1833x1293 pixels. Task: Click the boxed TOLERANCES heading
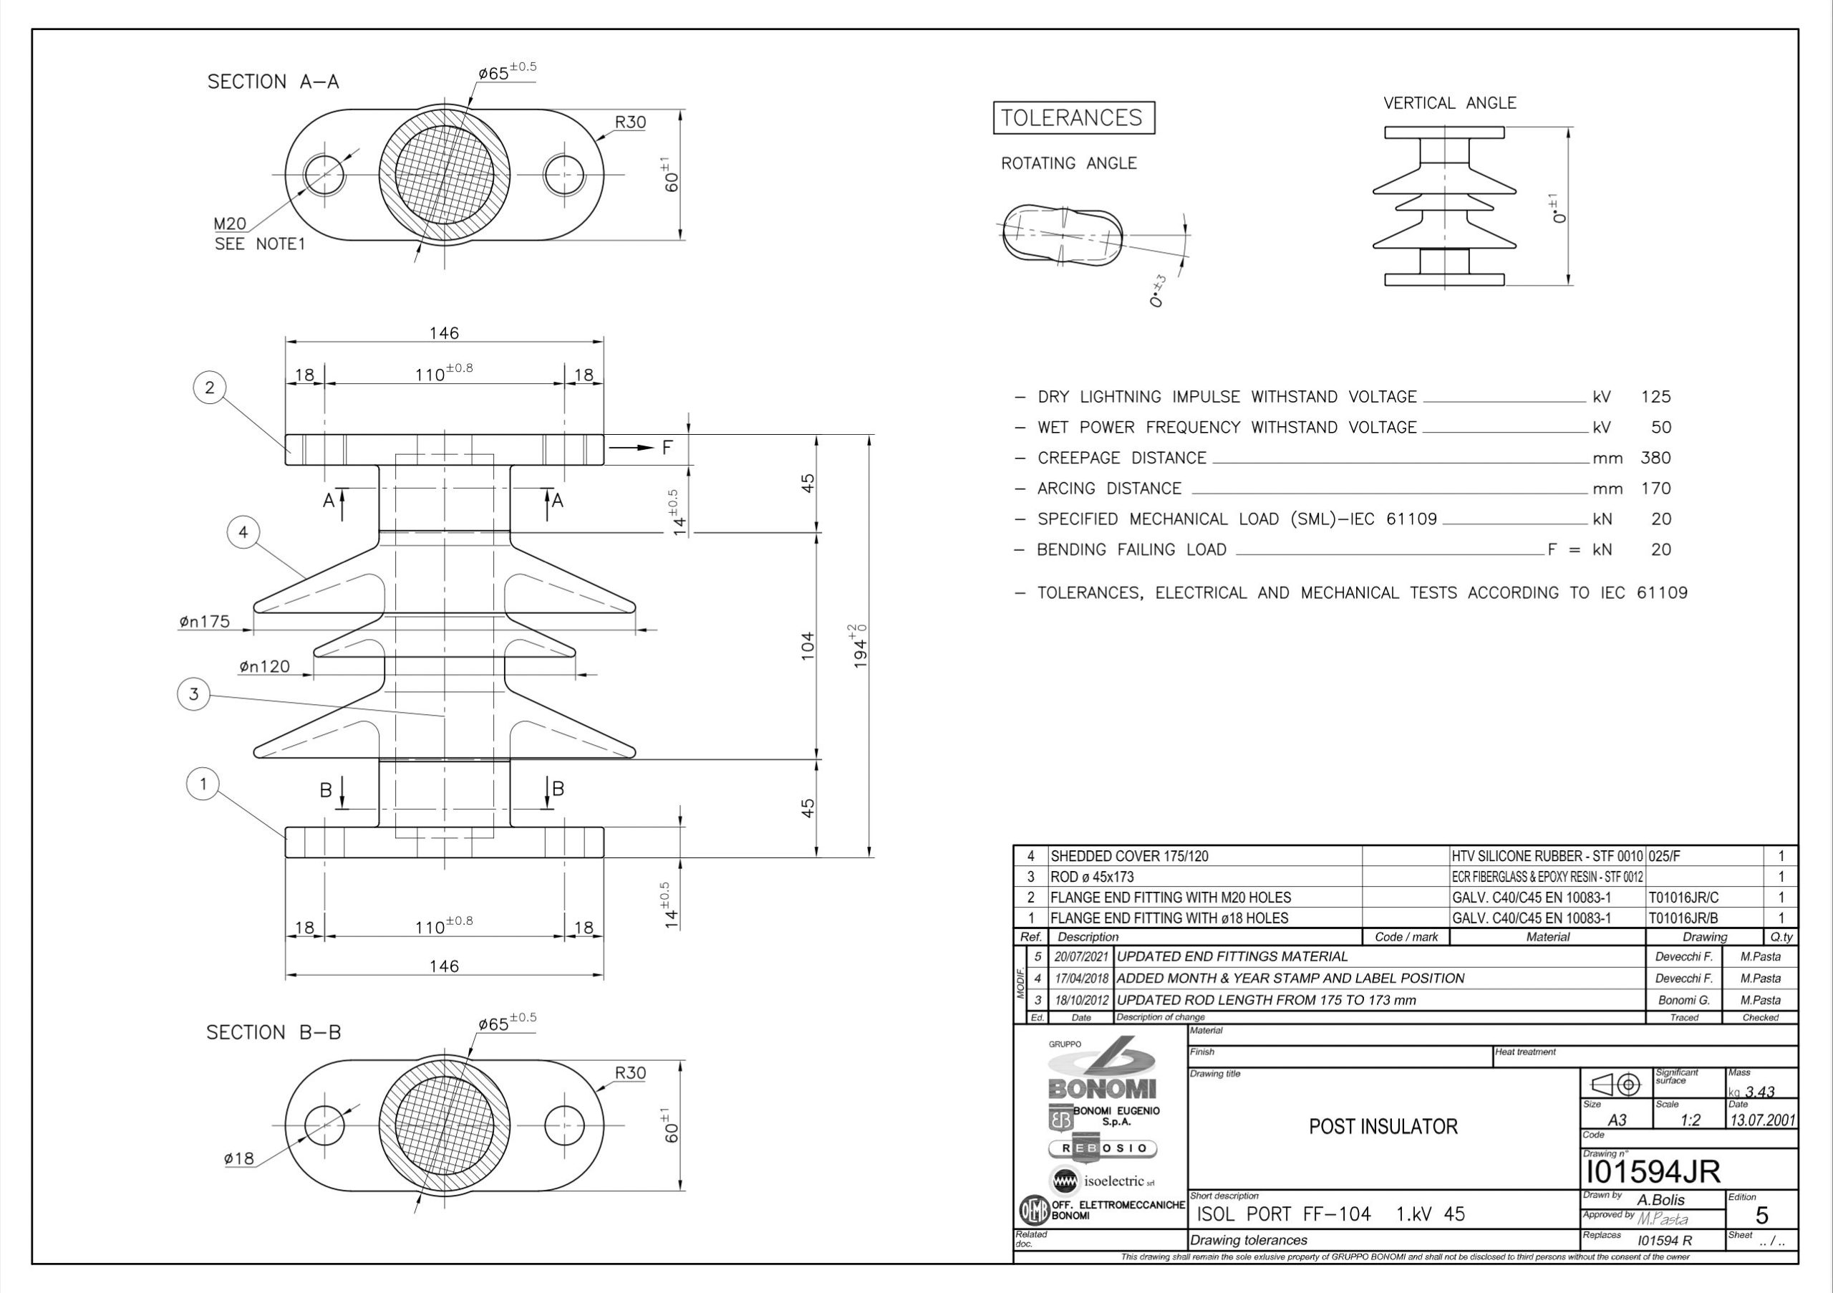pyautogui.click(x=1073, y=118)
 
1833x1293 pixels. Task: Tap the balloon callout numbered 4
pyautogui.click(x=243, y=532)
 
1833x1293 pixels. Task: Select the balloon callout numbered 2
pyautogui.click(x=210, y=388)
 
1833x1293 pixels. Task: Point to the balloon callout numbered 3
pyautogui.click(x=193, y=694)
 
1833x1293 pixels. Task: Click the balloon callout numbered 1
pyautogui.click(x=203, y=784)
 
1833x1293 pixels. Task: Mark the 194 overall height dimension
pyautogui.click(x=860, y=646)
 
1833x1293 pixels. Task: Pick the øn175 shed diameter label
pyautogui.click(x=204, y=621)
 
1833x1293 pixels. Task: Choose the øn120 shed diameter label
pyautogui.click(x=264, y=666)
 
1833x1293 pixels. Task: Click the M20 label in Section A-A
pyautogui.click(x=230, y=223)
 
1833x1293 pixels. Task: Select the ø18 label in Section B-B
pyautogui.click(x=238, y=1158)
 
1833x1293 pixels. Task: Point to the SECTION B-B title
pyautogui.click(x=274, y=1033)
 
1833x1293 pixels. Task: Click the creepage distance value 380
pyautogui.click(x=1655, y=458)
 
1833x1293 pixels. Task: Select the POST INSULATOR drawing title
pyautogui.click(x=1383, y=1127)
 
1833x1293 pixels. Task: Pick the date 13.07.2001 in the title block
pyautogui.click(x=1762, y=1120)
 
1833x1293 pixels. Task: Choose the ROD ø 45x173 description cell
pyautogui.click(x=1091, y=877)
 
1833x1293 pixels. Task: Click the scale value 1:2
pyautogui.click(x=1689, y=1120)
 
